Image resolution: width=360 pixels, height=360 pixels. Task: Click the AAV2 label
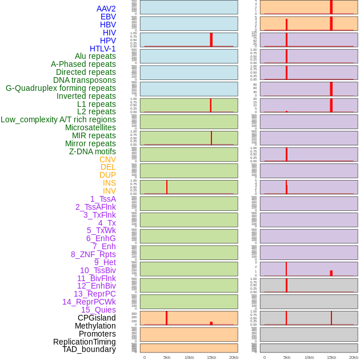click(106, 9)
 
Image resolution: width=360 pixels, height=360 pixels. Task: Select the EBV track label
click(107, 17)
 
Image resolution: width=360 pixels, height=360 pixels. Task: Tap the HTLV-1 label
click(102, 49)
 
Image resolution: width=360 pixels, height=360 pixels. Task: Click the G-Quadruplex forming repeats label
click(61, 88)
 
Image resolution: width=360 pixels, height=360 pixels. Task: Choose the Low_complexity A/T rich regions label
click(58, 119)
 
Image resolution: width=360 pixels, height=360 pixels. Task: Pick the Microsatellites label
click(90, 127)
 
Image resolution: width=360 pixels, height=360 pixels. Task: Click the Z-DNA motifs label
click(92, 151)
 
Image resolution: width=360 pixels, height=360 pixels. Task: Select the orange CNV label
click(107, 159)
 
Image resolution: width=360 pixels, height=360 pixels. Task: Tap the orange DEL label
click(108, 167)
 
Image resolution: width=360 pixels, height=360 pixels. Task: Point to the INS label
click(109, 183)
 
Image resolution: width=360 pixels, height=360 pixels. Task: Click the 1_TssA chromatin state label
click(103, 199)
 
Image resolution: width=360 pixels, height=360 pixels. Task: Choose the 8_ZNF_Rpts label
click(93, 254)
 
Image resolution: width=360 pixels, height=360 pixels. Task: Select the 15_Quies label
click(98, 310)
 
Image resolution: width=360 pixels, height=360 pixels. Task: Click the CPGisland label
click(97, 318)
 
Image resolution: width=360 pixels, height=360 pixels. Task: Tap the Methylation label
click(95, 326)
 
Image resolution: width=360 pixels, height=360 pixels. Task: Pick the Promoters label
click(97, 334)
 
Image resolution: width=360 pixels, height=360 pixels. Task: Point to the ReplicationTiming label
click(85, 342)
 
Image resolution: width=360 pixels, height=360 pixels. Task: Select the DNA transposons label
click(85, 80)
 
